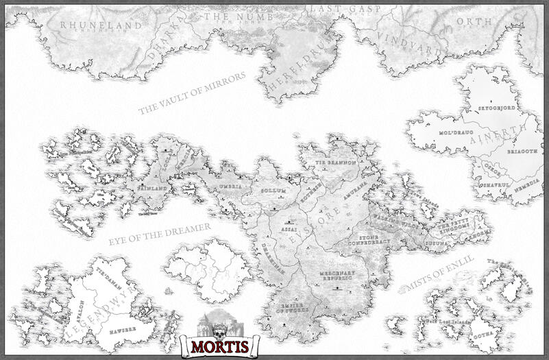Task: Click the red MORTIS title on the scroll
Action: [x=215, y=344]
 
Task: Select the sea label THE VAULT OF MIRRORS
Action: [x=191, y=94]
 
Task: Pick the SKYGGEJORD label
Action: [x=496, y=108]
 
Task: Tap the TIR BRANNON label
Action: [x=335, y=163]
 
